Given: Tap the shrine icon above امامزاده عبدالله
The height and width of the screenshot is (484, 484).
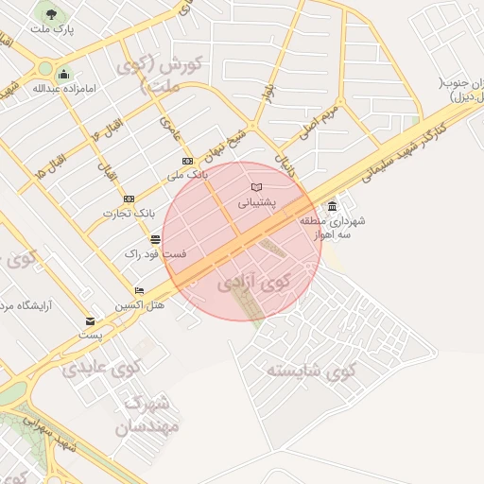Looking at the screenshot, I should [63, 75].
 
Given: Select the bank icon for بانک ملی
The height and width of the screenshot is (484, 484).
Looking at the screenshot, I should [187, 162].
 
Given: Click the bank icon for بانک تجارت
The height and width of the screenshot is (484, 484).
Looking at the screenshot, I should [129, 199].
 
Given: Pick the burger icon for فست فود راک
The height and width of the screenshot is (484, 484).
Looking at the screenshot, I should [154, 239].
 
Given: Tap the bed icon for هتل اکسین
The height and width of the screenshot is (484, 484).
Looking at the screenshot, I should [140, 290].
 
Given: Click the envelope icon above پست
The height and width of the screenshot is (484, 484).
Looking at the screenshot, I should [90, 321].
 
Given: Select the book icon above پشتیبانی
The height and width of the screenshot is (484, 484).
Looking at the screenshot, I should [255, 186].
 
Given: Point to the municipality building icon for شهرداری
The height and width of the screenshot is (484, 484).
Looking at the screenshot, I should [332, 207].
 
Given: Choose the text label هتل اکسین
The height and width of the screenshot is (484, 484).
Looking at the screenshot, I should [140, 305].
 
